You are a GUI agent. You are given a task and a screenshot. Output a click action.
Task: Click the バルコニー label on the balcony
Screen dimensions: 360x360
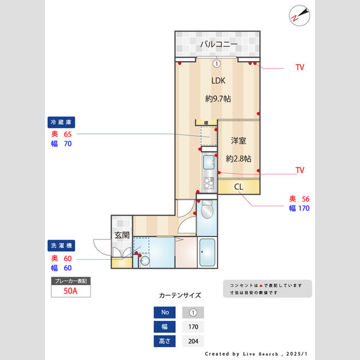[x=218, y=44]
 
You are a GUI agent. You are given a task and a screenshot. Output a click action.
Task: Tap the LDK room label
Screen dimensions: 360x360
[x=218, y=80]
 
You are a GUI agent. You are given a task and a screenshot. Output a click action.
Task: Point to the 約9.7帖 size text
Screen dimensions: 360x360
[x=218, y=99]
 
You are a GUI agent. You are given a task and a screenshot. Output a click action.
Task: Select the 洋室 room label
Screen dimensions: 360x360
[x=239, y=141]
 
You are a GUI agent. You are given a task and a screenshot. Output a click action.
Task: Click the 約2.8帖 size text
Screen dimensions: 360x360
[x=238, y=159]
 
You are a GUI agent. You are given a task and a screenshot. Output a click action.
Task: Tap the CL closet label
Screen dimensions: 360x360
[x=238, y=187]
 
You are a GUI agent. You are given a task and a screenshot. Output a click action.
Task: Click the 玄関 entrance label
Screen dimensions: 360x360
[x=122, y=235]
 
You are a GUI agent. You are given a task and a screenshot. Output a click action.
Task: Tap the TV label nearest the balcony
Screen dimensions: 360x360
[x=300, y=68]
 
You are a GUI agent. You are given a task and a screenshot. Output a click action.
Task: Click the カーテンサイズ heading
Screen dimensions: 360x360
[x=179, y=296]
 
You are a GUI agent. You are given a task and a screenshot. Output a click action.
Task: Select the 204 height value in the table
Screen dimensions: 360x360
[x=193, y=341]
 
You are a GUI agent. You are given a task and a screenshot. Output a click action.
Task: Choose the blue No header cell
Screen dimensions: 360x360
[x=164, y=313]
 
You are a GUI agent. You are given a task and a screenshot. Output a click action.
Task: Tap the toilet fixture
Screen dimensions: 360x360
[x=206, y=211]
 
